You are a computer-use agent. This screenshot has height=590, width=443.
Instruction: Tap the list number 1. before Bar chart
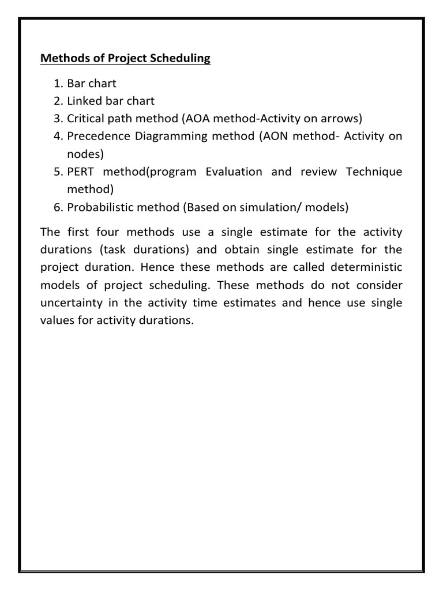[x=58, y=84]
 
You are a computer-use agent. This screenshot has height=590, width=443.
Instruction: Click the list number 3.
[x=58, y=119]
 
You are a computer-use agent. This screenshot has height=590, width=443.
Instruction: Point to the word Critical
[x=87, y=119]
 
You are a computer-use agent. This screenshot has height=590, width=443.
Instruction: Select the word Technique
[x=374, y=172]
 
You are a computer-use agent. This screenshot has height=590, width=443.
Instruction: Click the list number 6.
[x=58, y=207]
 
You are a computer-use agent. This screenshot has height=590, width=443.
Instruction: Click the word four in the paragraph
[x=108, y=232]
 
